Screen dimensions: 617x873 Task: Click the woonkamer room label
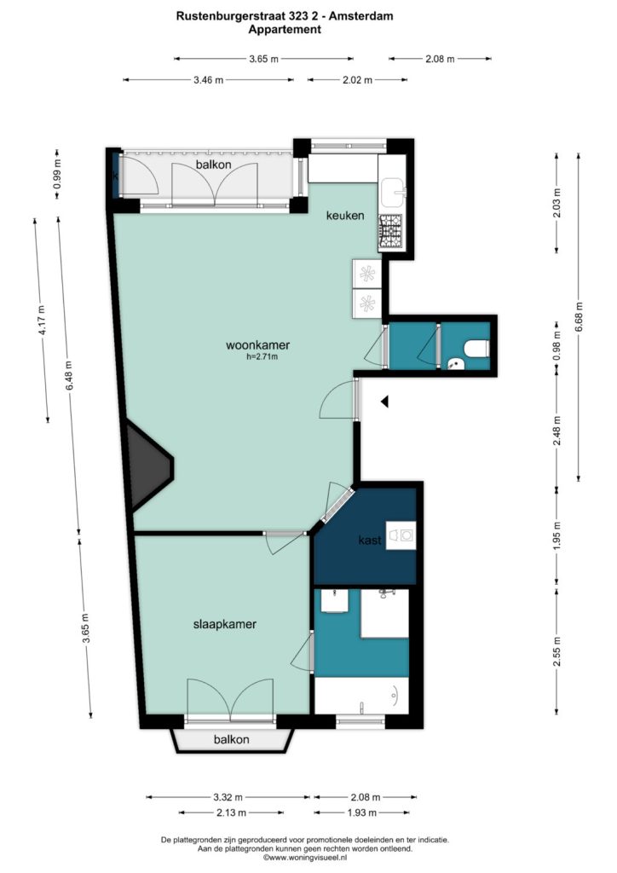[x=257, y=345]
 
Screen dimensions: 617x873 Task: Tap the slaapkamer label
[x=225, y=624]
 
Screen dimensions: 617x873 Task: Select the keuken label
[x=345, y=215]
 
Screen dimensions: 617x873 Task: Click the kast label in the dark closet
[x=370, y=540]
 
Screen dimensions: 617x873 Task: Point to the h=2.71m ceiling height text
[x=262, y=357]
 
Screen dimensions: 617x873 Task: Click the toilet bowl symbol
[x=476, y=349]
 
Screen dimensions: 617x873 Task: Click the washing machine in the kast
[x=401, y=535]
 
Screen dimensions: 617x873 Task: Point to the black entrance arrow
[x=384, y=402]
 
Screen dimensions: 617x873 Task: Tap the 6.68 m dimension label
[x=580, y=317]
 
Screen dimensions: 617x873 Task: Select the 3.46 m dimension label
[x=209, y=80]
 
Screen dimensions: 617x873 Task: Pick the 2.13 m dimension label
[x=231, y=812]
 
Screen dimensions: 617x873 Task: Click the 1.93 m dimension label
[x=362, y=812]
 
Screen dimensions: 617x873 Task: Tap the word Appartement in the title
[x=285, y=30]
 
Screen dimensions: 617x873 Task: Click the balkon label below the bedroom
[x=232, y=739]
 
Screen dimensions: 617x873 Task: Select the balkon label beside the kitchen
[x=214, y=165]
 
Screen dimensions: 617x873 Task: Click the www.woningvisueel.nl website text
[x=304, y=858]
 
